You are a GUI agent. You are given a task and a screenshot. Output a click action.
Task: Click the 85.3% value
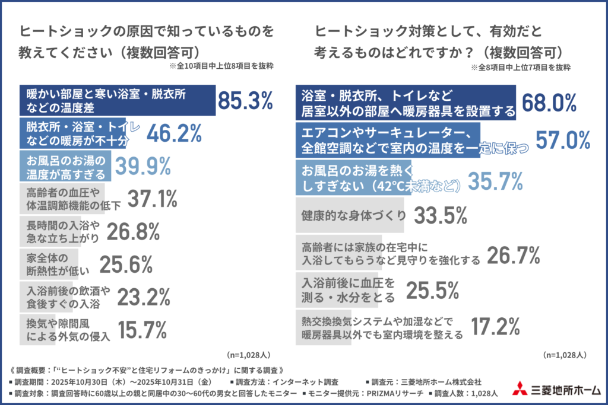(245, 101)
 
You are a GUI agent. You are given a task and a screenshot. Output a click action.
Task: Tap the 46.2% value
(174, 134)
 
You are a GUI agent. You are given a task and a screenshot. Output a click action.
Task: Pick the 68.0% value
(550, 102)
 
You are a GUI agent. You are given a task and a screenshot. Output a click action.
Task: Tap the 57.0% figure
(563, 140)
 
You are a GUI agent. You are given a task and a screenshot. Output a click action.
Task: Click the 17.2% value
(496, 325)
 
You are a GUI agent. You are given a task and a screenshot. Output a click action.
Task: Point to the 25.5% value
(432, 289)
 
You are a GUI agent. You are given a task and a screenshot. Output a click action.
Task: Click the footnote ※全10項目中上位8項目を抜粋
(221, 66)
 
